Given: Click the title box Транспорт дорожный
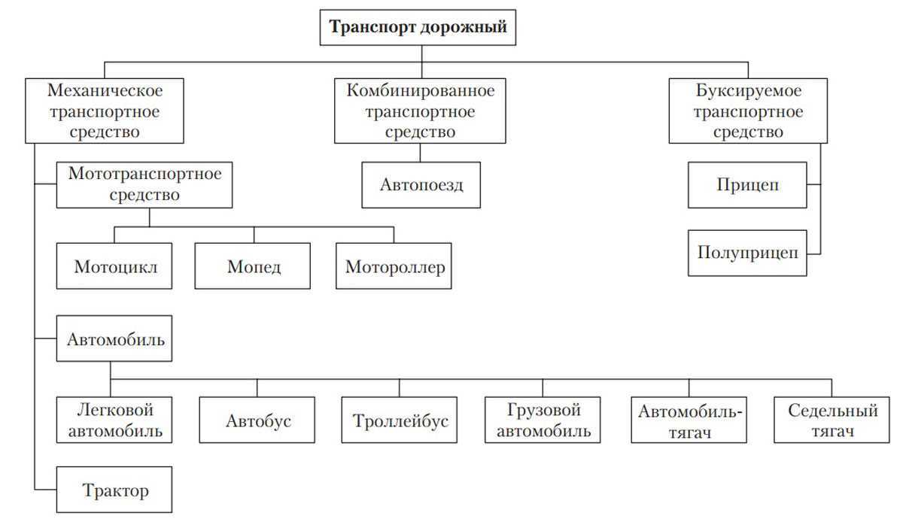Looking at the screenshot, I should pos(419,29).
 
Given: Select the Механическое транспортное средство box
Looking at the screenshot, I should pos(105,111).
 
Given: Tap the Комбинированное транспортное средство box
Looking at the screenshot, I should pos(421,111).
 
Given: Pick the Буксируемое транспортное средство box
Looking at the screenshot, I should pos(747,111).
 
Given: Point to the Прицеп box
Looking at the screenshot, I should pos(747,184).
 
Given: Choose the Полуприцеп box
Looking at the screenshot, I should pos(747,253).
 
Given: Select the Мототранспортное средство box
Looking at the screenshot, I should pos(144,184).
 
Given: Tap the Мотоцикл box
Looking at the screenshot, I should pos(115,266).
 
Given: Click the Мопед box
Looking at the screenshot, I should pos(253,266).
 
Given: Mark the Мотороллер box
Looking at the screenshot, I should pos(394,266).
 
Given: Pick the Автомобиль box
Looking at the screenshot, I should pos(115,338).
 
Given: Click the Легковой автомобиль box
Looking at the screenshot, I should pos(115,420).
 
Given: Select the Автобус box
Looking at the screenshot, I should pos(257,420).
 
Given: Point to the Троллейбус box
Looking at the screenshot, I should pos(400,420).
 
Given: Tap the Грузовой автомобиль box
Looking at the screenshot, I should pos(543,420).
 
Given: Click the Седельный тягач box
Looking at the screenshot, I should pos(832,420).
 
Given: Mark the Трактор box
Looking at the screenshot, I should pos(115,490).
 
